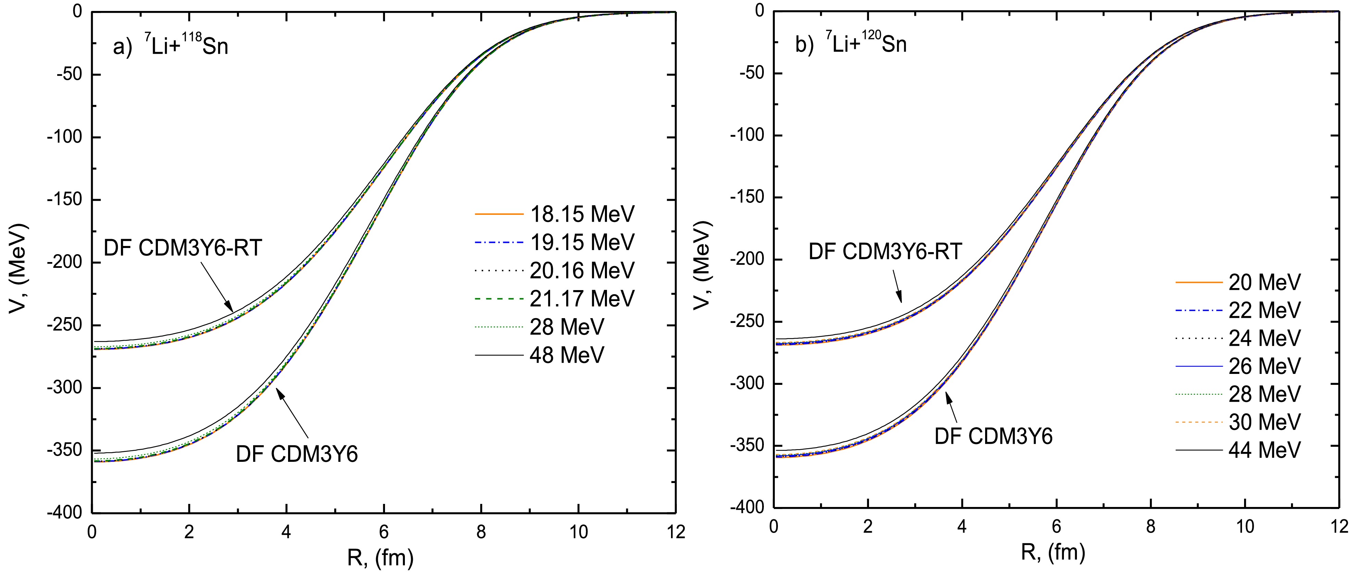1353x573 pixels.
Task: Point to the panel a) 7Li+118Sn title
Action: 171,46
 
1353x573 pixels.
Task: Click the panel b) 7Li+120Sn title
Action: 851,44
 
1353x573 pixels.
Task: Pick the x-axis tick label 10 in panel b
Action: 1245,526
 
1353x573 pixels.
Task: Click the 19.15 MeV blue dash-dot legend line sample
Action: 499,243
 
